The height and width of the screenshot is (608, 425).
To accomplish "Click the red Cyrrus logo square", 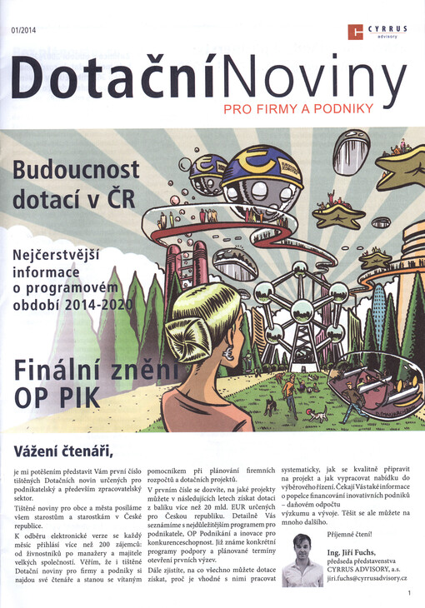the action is [356, 32].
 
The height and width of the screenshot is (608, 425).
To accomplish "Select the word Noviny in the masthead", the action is [312, 82].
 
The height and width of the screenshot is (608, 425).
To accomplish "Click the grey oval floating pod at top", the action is [351, 151].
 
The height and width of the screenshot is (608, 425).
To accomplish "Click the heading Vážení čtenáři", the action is [62, 451].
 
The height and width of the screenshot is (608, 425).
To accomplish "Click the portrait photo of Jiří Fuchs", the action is [302, 560].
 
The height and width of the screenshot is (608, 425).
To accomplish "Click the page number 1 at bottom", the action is [410, 593].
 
